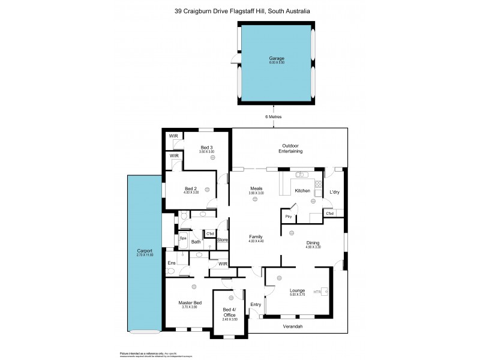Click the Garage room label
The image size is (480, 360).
tap(277, 59)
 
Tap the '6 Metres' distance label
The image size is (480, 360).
tap(274, 117)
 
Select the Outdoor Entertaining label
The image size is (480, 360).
tap(290, 149)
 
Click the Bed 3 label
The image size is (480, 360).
tap(206, 148)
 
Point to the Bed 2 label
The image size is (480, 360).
tap(191, 189)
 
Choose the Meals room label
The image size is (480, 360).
tap(256, 189)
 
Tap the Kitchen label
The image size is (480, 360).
tap(302, 191)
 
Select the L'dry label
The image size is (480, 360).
tap(335, 192)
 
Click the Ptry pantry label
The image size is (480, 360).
tap(288, 217)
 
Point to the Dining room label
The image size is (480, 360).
tap(313, 242)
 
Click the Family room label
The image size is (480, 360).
tap(256, 237)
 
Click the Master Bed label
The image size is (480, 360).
tap(189, 303)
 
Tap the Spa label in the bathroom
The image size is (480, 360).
tap(183, 238)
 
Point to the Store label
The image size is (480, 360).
tap(223, 240)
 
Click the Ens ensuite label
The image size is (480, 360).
tap(172, 263)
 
